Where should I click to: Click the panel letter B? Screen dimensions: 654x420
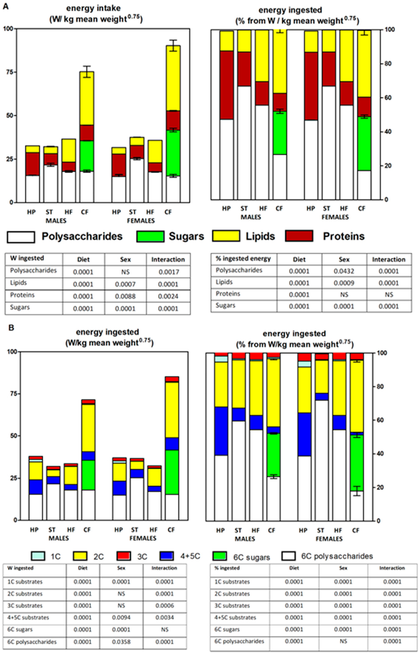pos(11,328)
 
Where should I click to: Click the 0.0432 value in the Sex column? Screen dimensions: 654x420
pos(344,271)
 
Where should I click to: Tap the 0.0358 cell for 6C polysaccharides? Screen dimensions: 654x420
pos(121,642)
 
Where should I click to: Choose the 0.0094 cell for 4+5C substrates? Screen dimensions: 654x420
pos(121,617)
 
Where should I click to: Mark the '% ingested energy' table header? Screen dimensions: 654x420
pos(243,259)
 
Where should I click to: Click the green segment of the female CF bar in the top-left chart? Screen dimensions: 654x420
pos(173,153)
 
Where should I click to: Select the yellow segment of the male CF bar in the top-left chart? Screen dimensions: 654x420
pos(87,98)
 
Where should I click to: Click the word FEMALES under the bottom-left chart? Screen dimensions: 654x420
pos(143,538)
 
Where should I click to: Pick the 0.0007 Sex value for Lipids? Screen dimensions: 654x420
pos(125,284)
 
